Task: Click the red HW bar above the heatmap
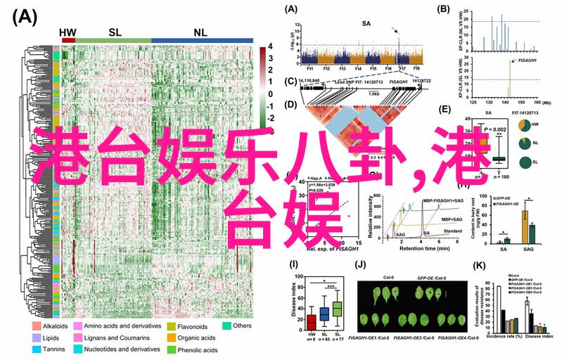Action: (x=68, y=41)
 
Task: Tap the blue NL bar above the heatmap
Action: (x=203, y=41)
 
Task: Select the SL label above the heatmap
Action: (x=114, y=32)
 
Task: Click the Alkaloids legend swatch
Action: (x=36, y=327)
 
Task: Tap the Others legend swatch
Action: (x=227, y=326)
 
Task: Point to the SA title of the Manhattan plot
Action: (x=366, y=24)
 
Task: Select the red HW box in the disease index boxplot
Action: (x=312, y=322)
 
